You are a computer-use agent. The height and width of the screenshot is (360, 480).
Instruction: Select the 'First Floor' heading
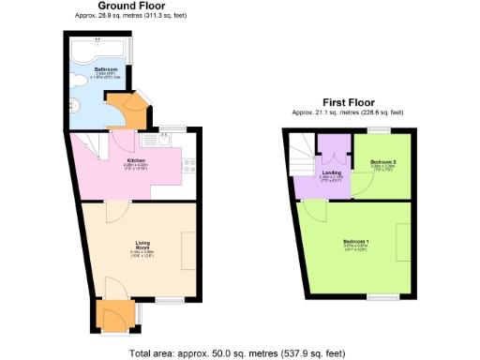348,101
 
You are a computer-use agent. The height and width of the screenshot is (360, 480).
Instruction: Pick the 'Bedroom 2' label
382,162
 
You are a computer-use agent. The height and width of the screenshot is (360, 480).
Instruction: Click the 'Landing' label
331,172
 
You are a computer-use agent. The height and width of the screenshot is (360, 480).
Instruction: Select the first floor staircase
300,155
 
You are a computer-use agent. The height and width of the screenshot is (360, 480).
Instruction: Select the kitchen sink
153,142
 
